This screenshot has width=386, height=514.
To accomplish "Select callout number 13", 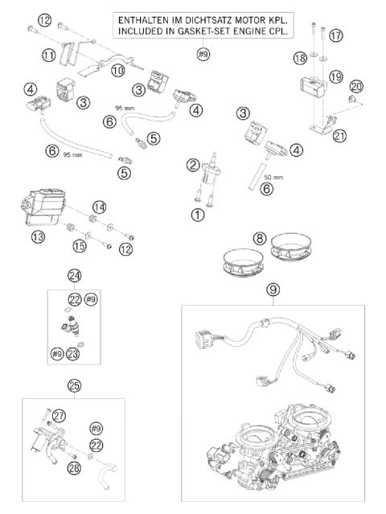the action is pyautogui.click(x=38, y=236).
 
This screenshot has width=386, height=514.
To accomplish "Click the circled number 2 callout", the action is pyautogui.click(x=193, y=165).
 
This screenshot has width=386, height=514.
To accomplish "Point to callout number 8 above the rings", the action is pyautogui.click(x=260, y=238).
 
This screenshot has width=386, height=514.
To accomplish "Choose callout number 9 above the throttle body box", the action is pyautogui.click(x=273, y=290).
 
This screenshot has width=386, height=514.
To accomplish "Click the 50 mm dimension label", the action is pyautogui.click(x=273, y=177).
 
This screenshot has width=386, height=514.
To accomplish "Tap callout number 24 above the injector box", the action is pyautogui.click(x=74, y=276).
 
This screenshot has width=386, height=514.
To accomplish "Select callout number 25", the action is pyautogui.click(x=74, y=385).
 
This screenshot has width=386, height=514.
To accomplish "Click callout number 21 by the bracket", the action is pyautogui.click(x=339, y=135).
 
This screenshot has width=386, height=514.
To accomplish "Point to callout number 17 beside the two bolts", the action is pyautogui.click(x=335, y=35).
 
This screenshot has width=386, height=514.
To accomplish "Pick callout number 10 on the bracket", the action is pyautogui.click(x=118, y=70).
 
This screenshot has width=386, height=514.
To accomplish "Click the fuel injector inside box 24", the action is pyautogui.click(x=71, y=325).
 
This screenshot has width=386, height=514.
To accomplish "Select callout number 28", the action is pyautogui.click(x=74, y=468).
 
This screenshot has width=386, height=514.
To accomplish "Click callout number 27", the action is pyautogui.click(x=60, y=416).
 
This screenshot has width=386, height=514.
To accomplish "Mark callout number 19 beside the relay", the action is pyautogui.click(x=336, y=76).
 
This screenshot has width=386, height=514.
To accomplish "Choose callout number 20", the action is pyautogui.click(x=357, y=87).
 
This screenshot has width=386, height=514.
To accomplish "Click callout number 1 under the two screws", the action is pyautogui.click(x=198, y=215).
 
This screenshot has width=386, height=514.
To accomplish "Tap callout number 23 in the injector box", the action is pyautogui.click(x=72, y=354).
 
